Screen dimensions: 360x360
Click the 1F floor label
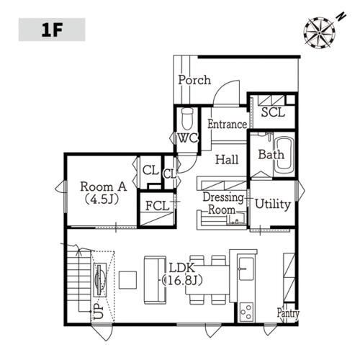(52, 30)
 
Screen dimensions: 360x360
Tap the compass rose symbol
(319, 32)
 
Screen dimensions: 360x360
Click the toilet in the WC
(187, 119)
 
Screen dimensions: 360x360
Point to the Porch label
(194, 80)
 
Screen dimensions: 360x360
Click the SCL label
(273, 112)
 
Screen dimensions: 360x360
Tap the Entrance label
(227, 125)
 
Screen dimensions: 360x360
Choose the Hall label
(227, 160)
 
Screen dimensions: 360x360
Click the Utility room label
(273, 204)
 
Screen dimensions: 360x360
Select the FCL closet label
(158, 206)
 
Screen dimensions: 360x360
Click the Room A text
(103, 186)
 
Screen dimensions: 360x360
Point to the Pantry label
(288, 313)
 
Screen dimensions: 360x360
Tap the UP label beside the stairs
(99, 311)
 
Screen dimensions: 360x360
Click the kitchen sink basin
(246, 269)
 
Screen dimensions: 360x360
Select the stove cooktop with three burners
(247, 312)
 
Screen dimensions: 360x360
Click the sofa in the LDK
(155, 280)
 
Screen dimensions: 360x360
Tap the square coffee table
(127, 280)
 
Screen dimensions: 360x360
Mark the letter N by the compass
(341, 17)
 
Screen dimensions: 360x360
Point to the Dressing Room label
(223, 204)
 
